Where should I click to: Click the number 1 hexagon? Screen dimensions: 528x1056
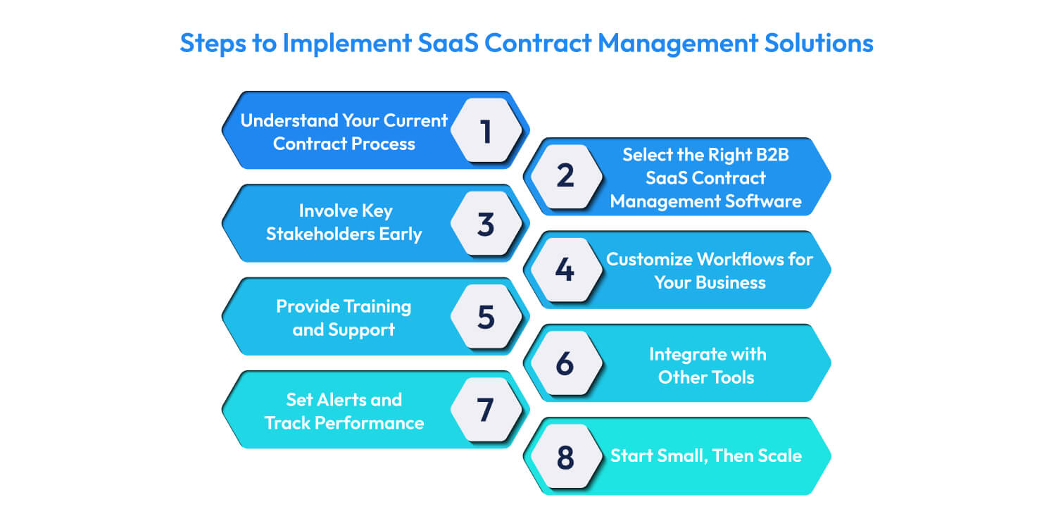(x=486, y=131)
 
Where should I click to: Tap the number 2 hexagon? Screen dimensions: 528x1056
(x=565, y=177)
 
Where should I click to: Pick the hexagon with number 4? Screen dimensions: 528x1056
(x=565, y=270)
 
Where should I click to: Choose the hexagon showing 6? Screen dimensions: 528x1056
(x=565, y=363)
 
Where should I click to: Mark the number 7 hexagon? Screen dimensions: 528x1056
(x=486, y=409)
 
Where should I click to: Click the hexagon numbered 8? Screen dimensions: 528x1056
(x=565, y=456)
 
